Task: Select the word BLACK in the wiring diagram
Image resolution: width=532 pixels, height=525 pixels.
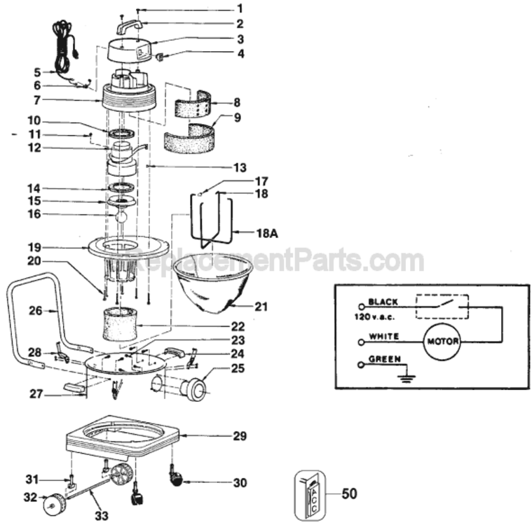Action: click(383, 302)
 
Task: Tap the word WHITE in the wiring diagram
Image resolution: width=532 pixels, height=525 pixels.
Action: click(383, 337)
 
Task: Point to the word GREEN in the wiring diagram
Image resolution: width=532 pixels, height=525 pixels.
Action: click(384, 359)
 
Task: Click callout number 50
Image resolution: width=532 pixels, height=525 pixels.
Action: click(349, 493)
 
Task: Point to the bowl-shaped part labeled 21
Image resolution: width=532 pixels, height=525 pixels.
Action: click(213, 284)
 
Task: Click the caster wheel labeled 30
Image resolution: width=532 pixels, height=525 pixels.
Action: click(176, 479)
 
